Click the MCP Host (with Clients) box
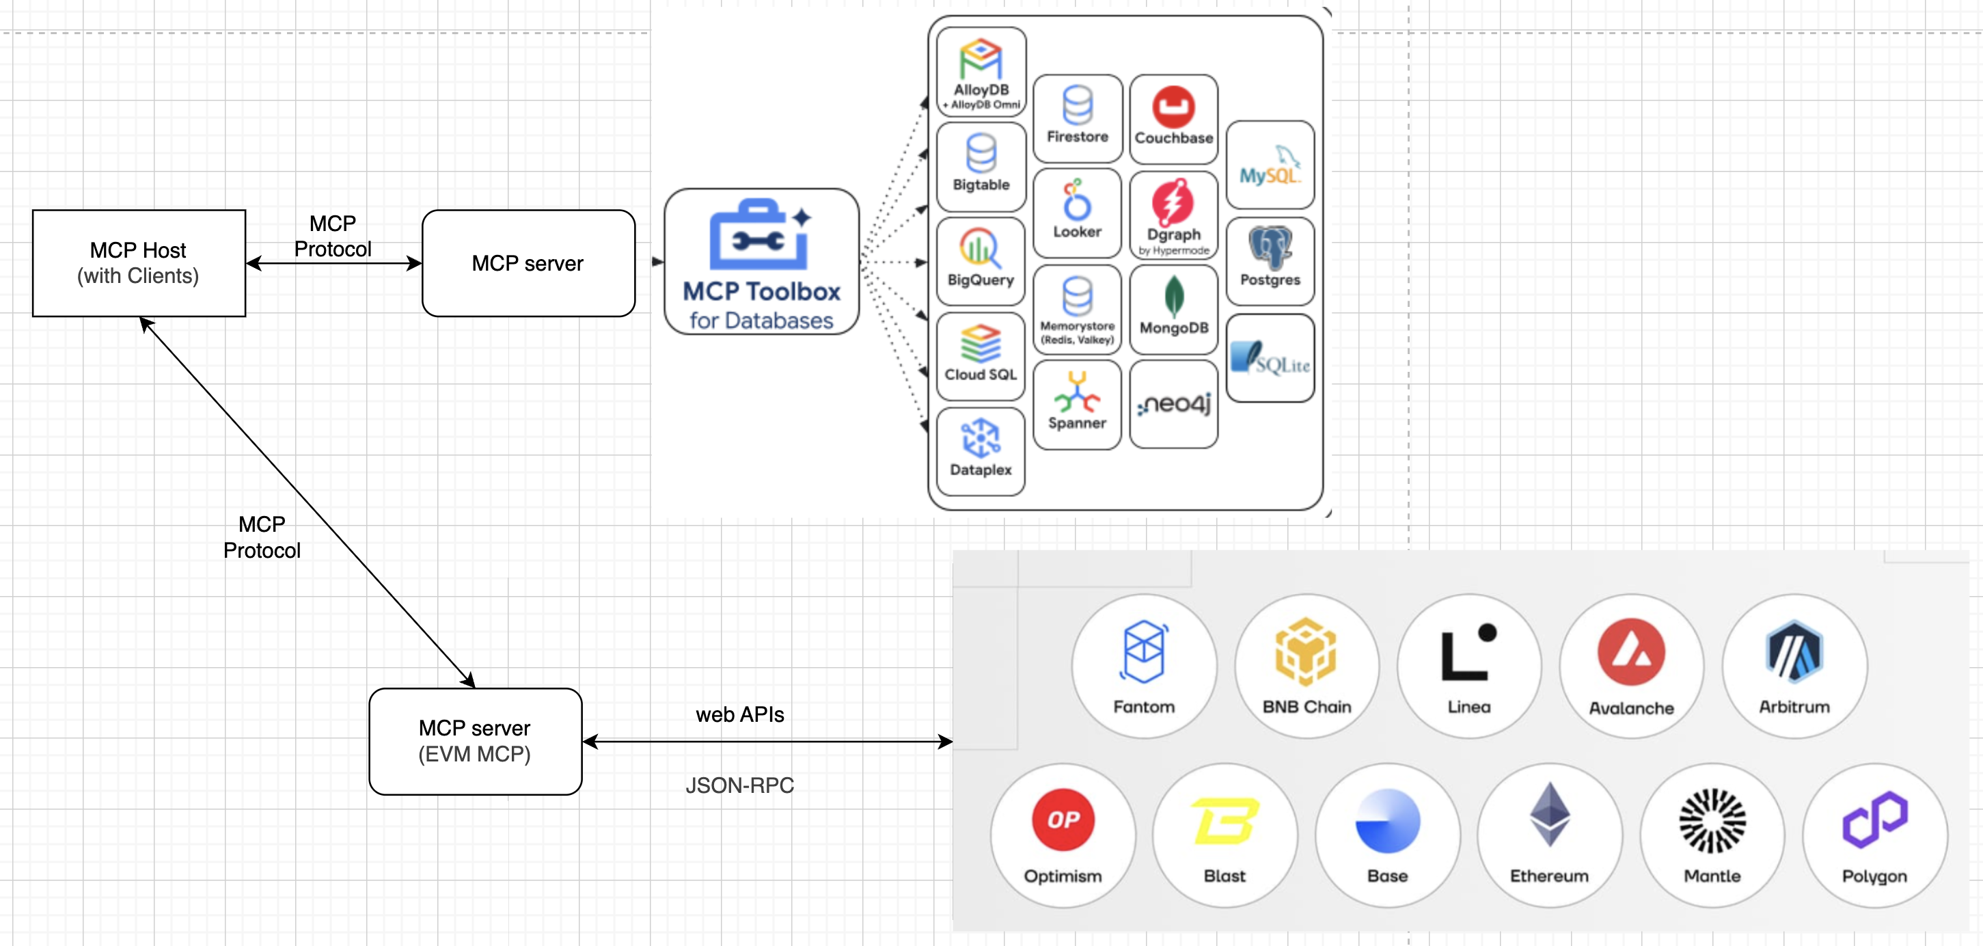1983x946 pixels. [x=139, y=262]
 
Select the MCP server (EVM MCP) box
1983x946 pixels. [x=475, y=740]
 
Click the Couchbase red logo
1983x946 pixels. [x=1173, y=107]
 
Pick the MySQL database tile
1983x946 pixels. [x=1270, y=165]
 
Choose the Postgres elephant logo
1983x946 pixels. [x=1270, y=246]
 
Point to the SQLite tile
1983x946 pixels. [x=1270, y=358]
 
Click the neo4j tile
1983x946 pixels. [x=1173, y=404]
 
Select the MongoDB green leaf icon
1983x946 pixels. [x=1173, y=297]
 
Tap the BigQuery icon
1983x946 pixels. [x=980, y=248]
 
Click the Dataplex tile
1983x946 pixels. [x=980, y=451]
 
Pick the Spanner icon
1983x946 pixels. [x=1076, y=392]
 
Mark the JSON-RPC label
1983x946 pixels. [x=739, y=785]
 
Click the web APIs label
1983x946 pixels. [x=739, y=714]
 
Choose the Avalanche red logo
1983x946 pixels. [x=1630, y=652]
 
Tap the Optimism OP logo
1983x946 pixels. [x=1063, y=819]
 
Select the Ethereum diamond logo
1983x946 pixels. [x=1549, y=814]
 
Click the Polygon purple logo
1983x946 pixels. [x=1874, y=819]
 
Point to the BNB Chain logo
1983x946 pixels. [x=1306, y=651]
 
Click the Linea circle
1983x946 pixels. [x=1468, y=666]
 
